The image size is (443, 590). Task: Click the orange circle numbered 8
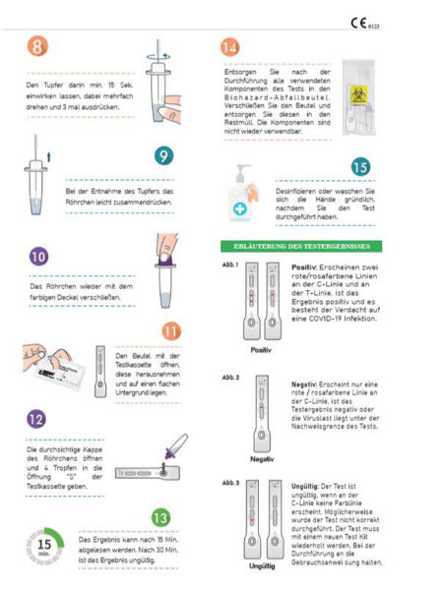[x=36, y=47]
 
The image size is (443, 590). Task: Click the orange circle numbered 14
[x=229, y=47]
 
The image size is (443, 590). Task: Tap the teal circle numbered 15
[x=360, y=168]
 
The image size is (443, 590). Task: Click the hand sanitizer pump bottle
[x=242, y=197]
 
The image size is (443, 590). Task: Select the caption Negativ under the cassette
[x=261, y=457]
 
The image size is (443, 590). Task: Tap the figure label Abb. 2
[x=231, y=377]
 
